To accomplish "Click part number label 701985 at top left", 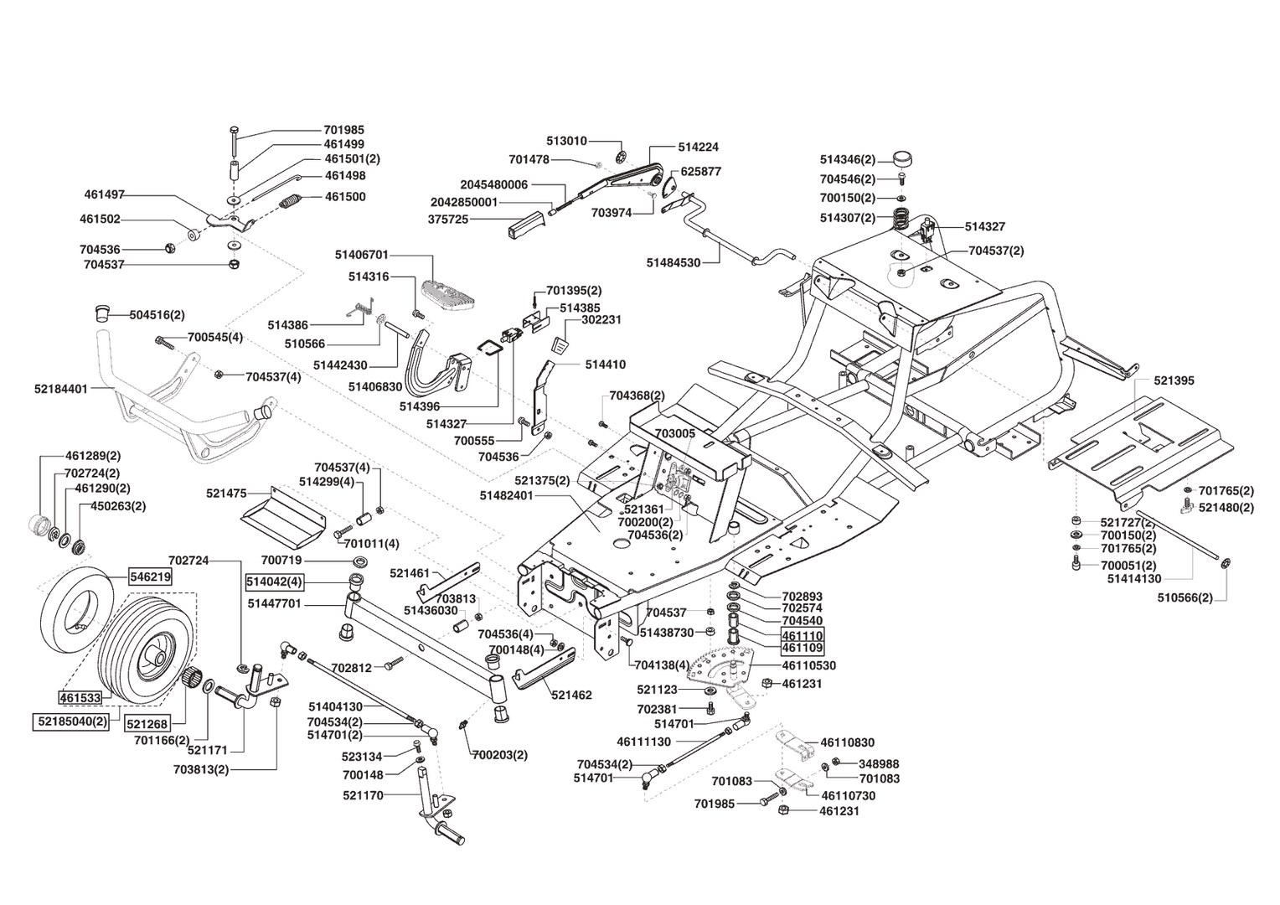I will [x=343, y=131].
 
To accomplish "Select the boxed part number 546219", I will [x=149, y=577].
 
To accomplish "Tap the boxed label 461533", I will [x=80, y=697].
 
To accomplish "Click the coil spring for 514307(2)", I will [x=902, y=217].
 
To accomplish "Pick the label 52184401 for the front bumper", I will [x=61, y=389].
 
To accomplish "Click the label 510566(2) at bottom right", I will [x=1185, y=598].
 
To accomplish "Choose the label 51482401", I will [x=507, y=495].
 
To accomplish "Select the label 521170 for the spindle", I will [x=363, y=794].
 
